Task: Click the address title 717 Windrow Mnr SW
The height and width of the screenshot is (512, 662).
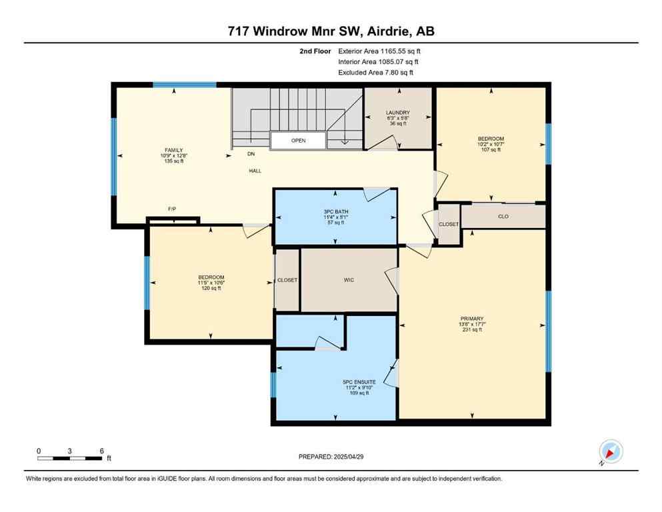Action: click(x=331, y=31)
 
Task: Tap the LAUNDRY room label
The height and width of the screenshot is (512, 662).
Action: click(x=397, y=113)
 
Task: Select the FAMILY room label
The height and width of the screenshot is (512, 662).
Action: click(x=174, y=150)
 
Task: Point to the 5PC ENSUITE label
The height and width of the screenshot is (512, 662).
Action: click(x=356, y=382)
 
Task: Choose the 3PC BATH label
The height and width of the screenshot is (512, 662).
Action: click(x=336, y=211)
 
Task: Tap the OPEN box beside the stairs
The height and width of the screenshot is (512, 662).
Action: click(x=298, y=141)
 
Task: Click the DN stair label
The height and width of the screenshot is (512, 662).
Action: click(x=251, y=154)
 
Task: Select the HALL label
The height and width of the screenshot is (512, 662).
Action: click(x=255, y=171)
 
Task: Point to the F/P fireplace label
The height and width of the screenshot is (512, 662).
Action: click(x=172, y=209)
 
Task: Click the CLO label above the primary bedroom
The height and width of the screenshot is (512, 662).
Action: click(x=503, y=216)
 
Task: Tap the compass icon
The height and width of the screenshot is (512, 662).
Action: click(x=610, y=452)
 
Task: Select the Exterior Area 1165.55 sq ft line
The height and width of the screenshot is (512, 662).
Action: click(x=379, y=51)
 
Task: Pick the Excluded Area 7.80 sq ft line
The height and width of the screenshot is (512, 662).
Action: click(x=376, y=72)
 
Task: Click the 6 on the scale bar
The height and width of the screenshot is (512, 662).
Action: click(x=101, y=451)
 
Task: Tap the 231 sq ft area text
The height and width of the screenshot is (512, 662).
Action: click(x=471, y=329)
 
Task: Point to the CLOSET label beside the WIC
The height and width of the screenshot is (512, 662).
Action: click(x=287, y=280)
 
